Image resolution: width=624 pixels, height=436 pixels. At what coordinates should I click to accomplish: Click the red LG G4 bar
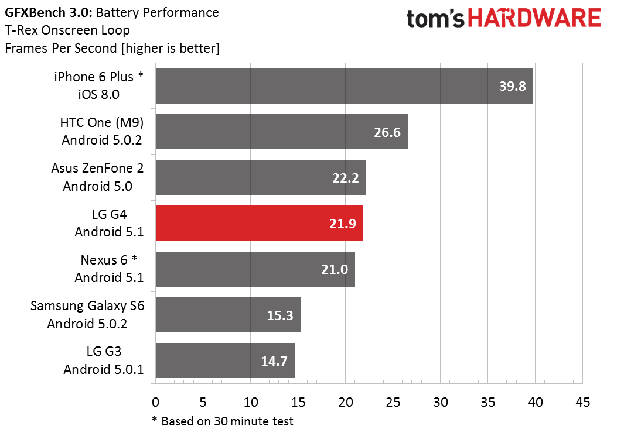[259, 223]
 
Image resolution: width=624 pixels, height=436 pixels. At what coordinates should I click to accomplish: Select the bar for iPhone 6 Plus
[345, 85]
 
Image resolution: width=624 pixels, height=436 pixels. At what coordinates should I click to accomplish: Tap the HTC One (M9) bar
[281, 132]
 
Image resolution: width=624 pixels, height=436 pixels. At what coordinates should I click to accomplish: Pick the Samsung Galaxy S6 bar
[228, 315]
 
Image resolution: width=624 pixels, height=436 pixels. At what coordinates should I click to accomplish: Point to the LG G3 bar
[225, 361]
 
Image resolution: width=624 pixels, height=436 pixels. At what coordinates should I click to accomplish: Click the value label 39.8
[513, 86]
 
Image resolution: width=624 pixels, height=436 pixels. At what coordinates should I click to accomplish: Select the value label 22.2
[346, 178]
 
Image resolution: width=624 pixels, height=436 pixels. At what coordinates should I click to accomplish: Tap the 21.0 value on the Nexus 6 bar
[335, 269]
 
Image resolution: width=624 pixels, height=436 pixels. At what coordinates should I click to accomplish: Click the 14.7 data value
[274, 361]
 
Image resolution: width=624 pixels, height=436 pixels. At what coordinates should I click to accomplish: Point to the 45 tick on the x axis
[582, 402]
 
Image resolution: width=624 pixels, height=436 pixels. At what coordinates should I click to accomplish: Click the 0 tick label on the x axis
[156, 402]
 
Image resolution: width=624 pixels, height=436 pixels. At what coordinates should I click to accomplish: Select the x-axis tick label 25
[393, 402]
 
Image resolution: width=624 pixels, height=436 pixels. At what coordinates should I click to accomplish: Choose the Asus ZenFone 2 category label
[97, 177]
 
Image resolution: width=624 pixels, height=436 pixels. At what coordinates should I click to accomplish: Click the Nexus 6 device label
[109, 269]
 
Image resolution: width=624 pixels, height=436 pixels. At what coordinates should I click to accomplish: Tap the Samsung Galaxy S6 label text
[87, 314]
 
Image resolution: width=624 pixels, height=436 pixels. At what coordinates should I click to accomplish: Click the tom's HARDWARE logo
[503, 18]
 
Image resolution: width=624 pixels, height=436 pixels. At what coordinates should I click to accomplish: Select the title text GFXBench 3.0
[49, 13]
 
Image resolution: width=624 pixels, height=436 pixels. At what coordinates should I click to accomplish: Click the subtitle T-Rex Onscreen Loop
[67, 30]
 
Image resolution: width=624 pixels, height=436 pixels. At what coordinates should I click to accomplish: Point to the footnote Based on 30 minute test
[227, 421]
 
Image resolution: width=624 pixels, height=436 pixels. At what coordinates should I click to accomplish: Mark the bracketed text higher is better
[171, 48]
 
